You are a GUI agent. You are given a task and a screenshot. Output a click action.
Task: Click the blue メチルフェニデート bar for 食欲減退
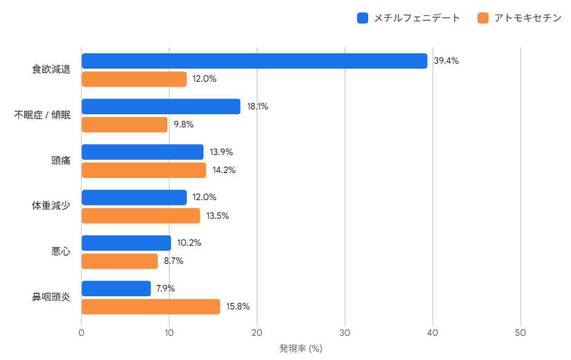pos(254,61)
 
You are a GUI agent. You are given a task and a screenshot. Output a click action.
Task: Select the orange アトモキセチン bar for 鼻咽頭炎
pos(151,307)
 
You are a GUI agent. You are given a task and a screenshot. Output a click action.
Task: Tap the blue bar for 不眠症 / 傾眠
pos(161,107)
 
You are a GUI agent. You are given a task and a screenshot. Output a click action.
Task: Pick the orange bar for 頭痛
pos(144,170)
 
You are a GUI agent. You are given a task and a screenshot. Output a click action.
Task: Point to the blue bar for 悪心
pos(126,243)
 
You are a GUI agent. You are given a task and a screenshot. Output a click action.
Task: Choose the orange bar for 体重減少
pos(141,216)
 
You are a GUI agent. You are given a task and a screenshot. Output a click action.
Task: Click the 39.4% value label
pos(446,61)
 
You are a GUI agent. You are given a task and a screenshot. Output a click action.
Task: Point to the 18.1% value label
pos(257,107)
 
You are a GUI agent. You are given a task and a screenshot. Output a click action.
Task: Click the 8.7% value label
pos(174,261)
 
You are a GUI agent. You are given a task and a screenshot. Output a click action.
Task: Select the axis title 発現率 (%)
pos(301,349)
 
